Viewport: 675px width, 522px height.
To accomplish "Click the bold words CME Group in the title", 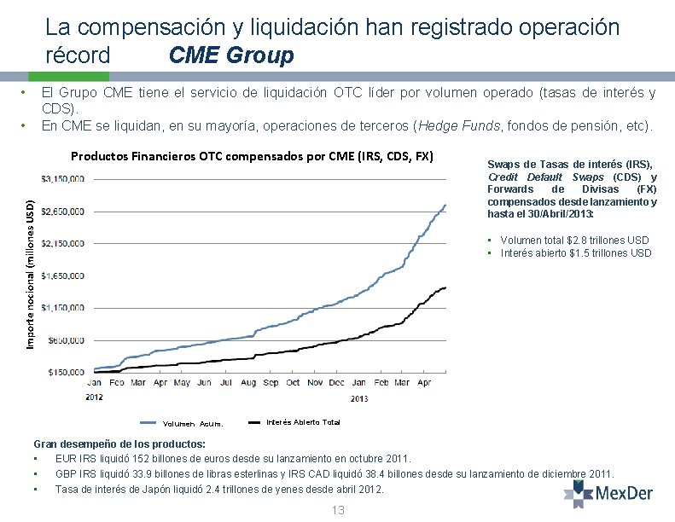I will (x=231, y=56).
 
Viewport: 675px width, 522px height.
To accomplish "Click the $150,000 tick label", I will (x=67, y=372).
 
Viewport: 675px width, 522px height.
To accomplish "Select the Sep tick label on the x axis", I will (x=271, y=383).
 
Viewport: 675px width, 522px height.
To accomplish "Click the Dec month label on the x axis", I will (x=337, y=383).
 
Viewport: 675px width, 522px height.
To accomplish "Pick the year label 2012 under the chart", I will (x=94, y=397).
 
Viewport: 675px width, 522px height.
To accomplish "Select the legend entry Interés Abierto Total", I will (x=303, y=422).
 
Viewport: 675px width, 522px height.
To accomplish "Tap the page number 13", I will (x=337, y=510).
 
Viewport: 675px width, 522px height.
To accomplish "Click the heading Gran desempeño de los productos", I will (x=119, y=444).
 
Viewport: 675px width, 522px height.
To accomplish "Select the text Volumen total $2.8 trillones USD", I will (x=574, y=241).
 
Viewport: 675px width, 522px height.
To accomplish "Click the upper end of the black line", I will (x=445, y=288).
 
